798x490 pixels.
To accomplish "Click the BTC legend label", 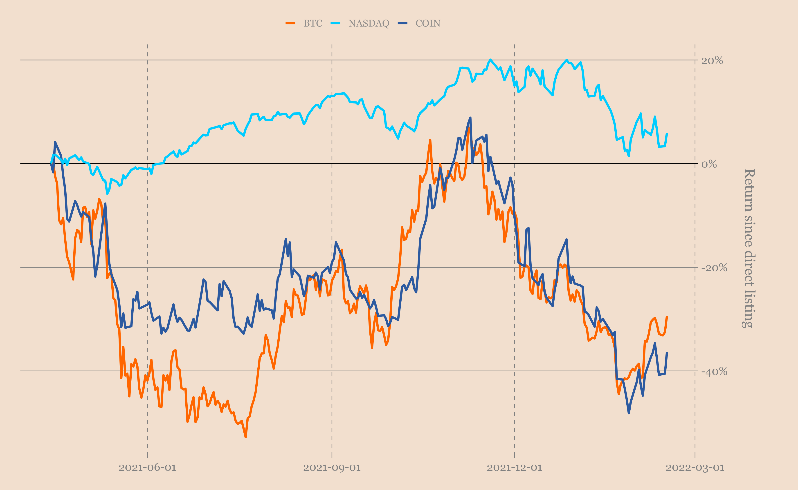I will [313, 23].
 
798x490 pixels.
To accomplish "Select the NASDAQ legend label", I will [369, 23].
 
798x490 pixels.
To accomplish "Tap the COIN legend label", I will [428, 23].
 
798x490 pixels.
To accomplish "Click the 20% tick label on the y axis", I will [712, 61].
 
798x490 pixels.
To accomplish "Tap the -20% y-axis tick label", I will [714, 268].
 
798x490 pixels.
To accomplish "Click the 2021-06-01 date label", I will [147, 468].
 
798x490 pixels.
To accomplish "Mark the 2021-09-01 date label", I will [332, 468].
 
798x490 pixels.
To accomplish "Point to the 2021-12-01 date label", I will [515, 468].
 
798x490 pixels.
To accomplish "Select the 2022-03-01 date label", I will [695, 468].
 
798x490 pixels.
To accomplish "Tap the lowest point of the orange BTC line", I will [245, 437].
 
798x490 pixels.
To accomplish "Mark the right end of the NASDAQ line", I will [667, 133].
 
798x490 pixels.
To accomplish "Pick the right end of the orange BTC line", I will [667, 316].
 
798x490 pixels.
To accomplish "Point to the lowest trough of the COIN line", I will [629, 413].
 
